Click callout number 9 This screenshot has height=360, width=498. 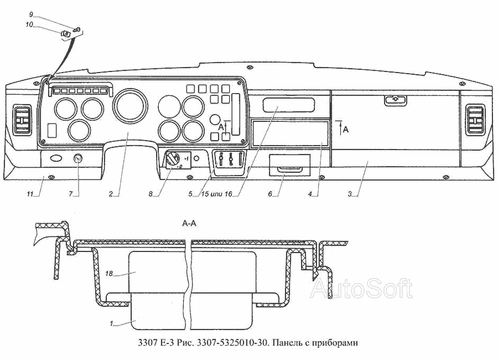coord(31,14)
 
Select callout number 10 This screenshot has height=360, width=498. coord(29,24)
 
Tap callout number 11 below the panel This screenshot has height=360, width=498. coord(30,194)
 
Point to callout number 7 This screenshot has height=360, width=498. coord(71,194)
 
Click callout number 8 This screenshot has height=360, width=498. coord(151,194)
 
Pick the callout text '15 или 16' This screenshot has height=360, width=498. coord(216,194)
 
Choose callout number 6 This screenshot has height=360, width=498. coord(270,194)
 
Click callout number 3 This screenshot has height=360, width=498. coord(350,194)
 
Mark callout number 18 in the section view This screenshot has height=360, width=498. coord(109,273)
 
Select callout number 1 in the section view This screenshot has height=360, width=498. coord(111,324)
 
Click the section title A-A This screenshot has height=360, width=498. coord(189,224)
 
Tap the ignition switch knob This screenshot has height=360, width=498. coord(173,158)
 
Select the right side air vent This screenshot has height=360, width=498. coord(475,120)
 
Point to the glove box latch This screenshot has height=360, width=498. coord(396,100)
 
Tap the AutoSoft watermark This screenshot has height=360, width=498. coord(361,289)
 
